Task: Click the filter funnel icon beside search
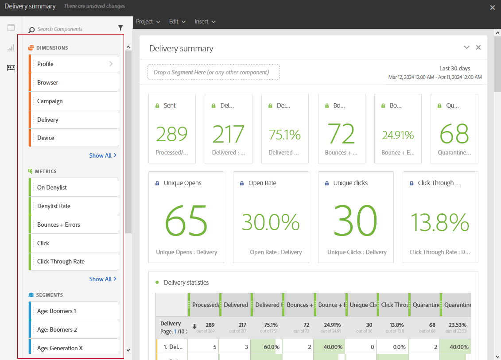(x=120, y=28)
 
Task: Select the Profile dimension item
(x=73, y=64)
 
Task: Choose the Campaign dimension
(x=73, y=101)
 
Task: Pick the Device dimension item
(x=73, y=138)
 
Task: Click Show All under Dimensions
(x=103, y=155)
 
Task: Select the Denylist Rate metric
(x=73, y=206)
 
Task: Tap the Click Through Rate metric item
(x=73, y=261)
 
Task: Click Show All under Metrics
(x=103, y=279)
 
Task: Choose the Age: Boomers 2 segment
(x=73, y=329)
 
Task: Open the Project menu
(x=148, y=21)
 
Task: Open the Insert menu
(x=205, y=21)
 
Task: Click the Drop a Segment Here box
(x=214, y=72)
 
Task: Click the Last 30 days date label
(x=454, y=68)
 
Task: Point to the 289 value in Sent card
(x=172, y=134)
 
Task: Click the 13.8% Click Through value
(x=440, y=222)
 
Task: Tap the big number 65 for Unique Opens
(x=186, y=221)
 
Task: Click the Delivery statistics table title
(x=186, y=283)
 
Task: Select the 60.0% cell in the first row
(x=266, y=347)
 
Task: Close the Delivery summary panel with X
(x=478, y=47)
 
